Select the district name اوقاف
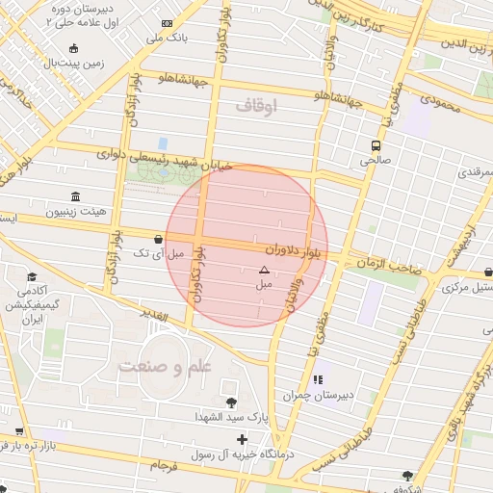click(255, 105)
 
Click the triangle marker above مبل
click(264, 271)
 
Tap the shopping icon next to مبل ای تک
click(158, 238)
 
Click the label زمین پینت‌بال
click(66, 63)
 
